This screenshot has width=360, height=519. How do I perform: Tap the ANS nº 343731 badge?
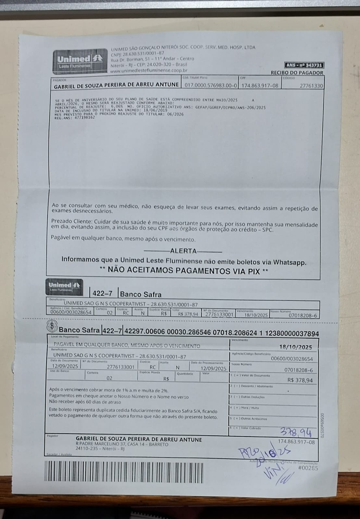304,66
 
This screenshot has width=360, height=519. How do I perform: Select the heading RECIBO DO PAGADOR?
297,73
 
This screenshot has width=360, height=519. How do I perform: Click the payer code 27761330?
311,86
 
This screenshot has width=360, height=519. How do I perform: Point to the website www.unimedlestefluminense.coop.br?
149,70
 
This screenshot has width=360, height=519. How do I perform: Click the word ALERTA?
183,251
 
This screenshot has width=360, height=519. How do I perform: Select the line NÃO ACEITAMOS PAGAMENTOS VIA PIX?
184,271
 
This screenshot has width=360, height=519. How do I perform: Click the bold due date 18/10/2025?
295,347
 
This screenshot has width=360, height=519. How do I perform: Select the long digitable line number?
221,333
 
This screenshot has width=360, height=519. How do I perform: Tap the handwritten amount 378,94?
296,432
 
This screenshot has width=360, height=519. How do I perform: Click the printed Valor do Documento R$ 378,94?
300,380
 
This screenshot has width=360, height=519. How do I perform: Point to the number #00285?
308,468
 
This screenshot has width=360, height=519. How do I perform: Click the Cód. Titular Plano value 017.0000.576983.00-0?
211,86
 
